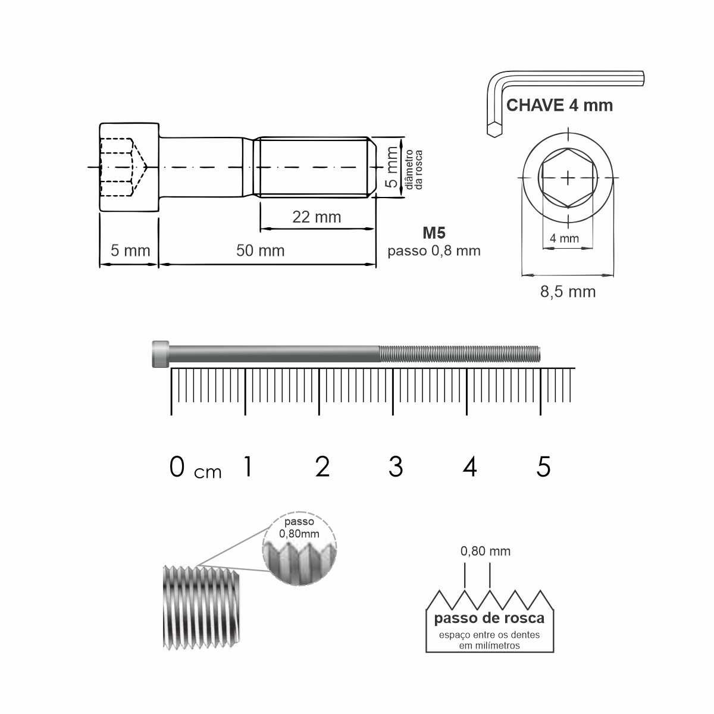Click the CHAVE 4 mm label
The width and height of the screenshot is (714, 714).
coord(559,105)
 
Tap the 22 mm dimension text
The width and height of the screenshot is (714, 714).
coord(317,217)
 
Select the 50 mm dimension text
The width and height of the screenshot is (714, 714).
coord(261,251)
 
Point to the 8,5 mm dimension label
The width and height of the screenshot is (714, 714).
coord(568,292)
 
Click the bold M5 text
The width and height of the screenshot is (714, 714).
coord(434,233)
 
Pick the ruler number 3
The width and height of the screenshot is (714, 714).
coord(396,466)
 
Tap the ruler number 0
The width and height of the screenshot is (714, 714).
coord(177,466)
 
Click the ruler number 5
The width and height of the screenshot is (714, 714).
coord(543,466)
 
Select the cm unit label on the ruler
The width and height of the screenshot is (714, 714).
coord(208,472)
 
